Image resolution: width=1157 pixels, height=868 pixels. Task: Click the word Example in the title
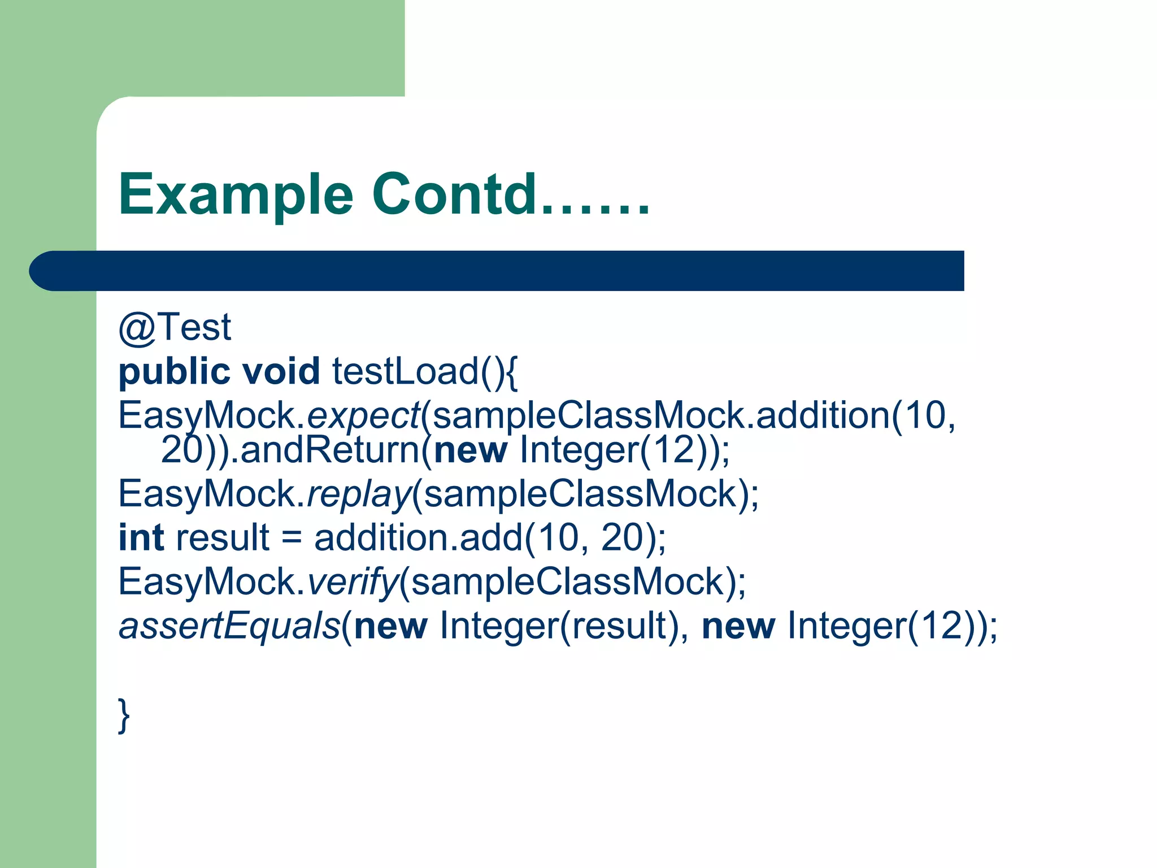point(236,195)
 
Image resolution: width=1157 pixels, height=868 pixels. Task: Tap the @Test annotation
point(175,327)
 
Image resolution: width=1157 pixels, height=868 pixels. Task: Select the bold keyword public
point(174,372)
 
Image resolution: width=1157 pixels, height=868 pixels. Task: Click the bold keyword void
point(281,372)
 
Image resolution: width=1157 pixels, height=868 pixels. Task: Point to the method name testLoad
point(405,372)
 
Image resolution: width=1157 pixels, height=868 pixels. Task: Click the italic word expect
point(363,416)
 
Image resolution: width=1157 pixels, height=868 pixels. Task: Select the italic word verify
point(353,582)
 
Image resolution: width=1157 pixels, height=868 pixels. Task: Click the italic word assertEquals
point(229,626)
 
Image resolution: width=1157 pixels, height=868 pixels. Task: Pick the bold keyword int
point(141,537)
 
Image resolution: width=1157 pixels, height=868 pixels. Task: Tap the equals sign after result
point(292,537)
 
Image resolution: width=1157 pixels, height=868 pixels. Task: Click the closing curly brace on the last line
point(124,715)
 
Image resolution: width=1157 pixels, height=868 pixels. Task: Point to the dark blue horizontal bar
point(497,271)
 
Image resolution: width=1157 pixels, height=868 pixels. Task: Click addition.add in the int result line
point(418,537)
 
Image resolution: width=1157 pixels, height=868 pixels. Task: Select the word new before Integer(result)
point(390,626)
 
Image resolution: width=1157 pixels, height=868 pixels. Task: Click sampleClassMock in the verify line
point(568,582)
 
